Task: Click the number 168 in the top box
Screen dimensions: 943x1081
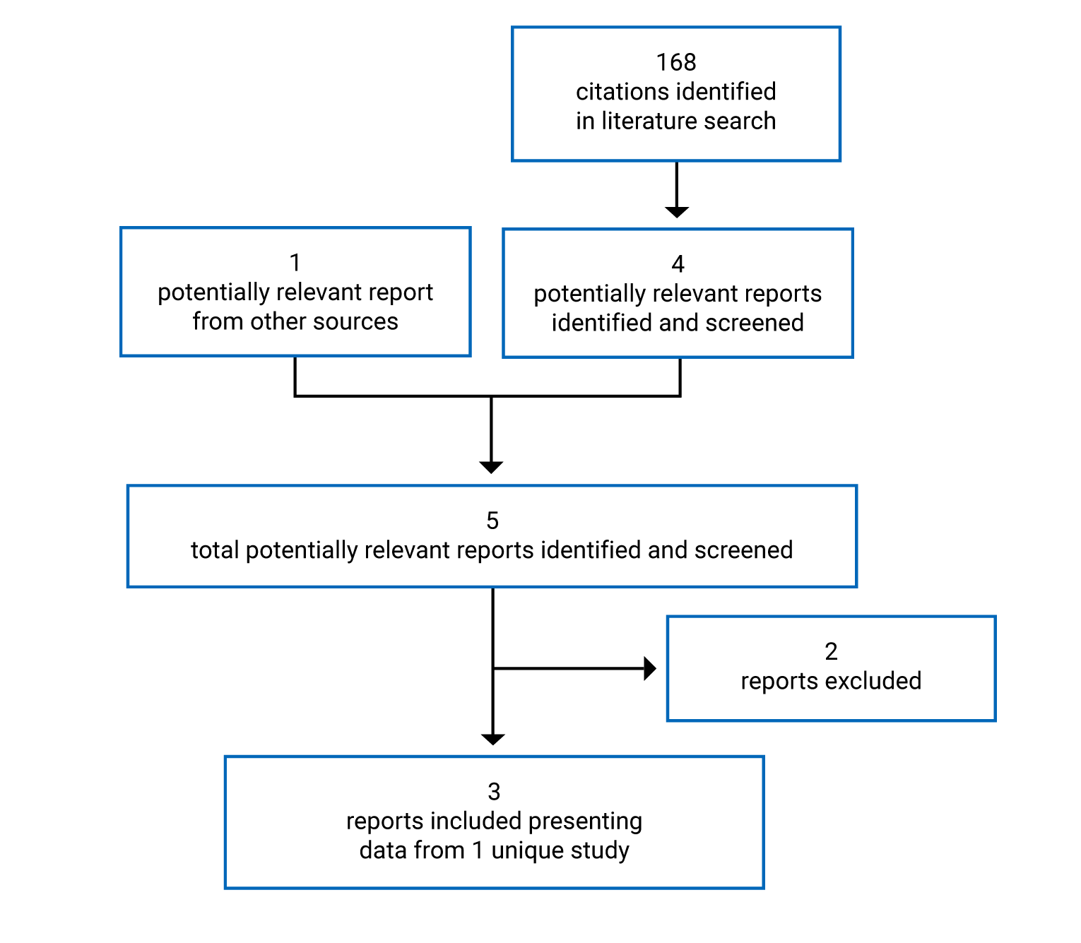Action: pos(675,63)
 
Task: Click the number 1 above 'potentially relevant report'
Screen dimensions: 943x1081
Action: pos(295,263)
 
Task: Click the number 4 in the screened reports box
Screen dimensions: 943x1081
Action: pos(678,264)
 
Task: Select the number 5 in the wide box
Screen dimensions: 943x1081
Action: pos(492,521)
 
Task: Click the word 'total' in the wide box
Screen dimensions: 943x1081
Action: pos(215,550)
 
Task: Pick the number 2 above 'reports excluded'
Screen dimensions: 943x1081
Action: pos(831,651)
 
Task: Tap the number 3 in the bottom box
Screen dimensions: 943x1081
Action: pos(494,792)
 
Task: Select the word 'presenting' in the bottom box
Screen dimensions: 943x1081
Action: pos(585,822)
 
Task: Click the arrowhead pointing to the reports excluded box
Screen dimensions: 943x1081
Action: pos(650,668)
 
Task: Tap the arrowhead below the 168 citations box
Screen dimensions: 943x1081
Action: pos(677,212)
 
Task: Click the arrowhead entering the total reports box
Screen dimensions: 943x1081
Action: pos(491,467)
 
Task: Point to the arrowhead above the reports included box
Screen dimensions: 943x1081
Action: pos(492,739)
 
